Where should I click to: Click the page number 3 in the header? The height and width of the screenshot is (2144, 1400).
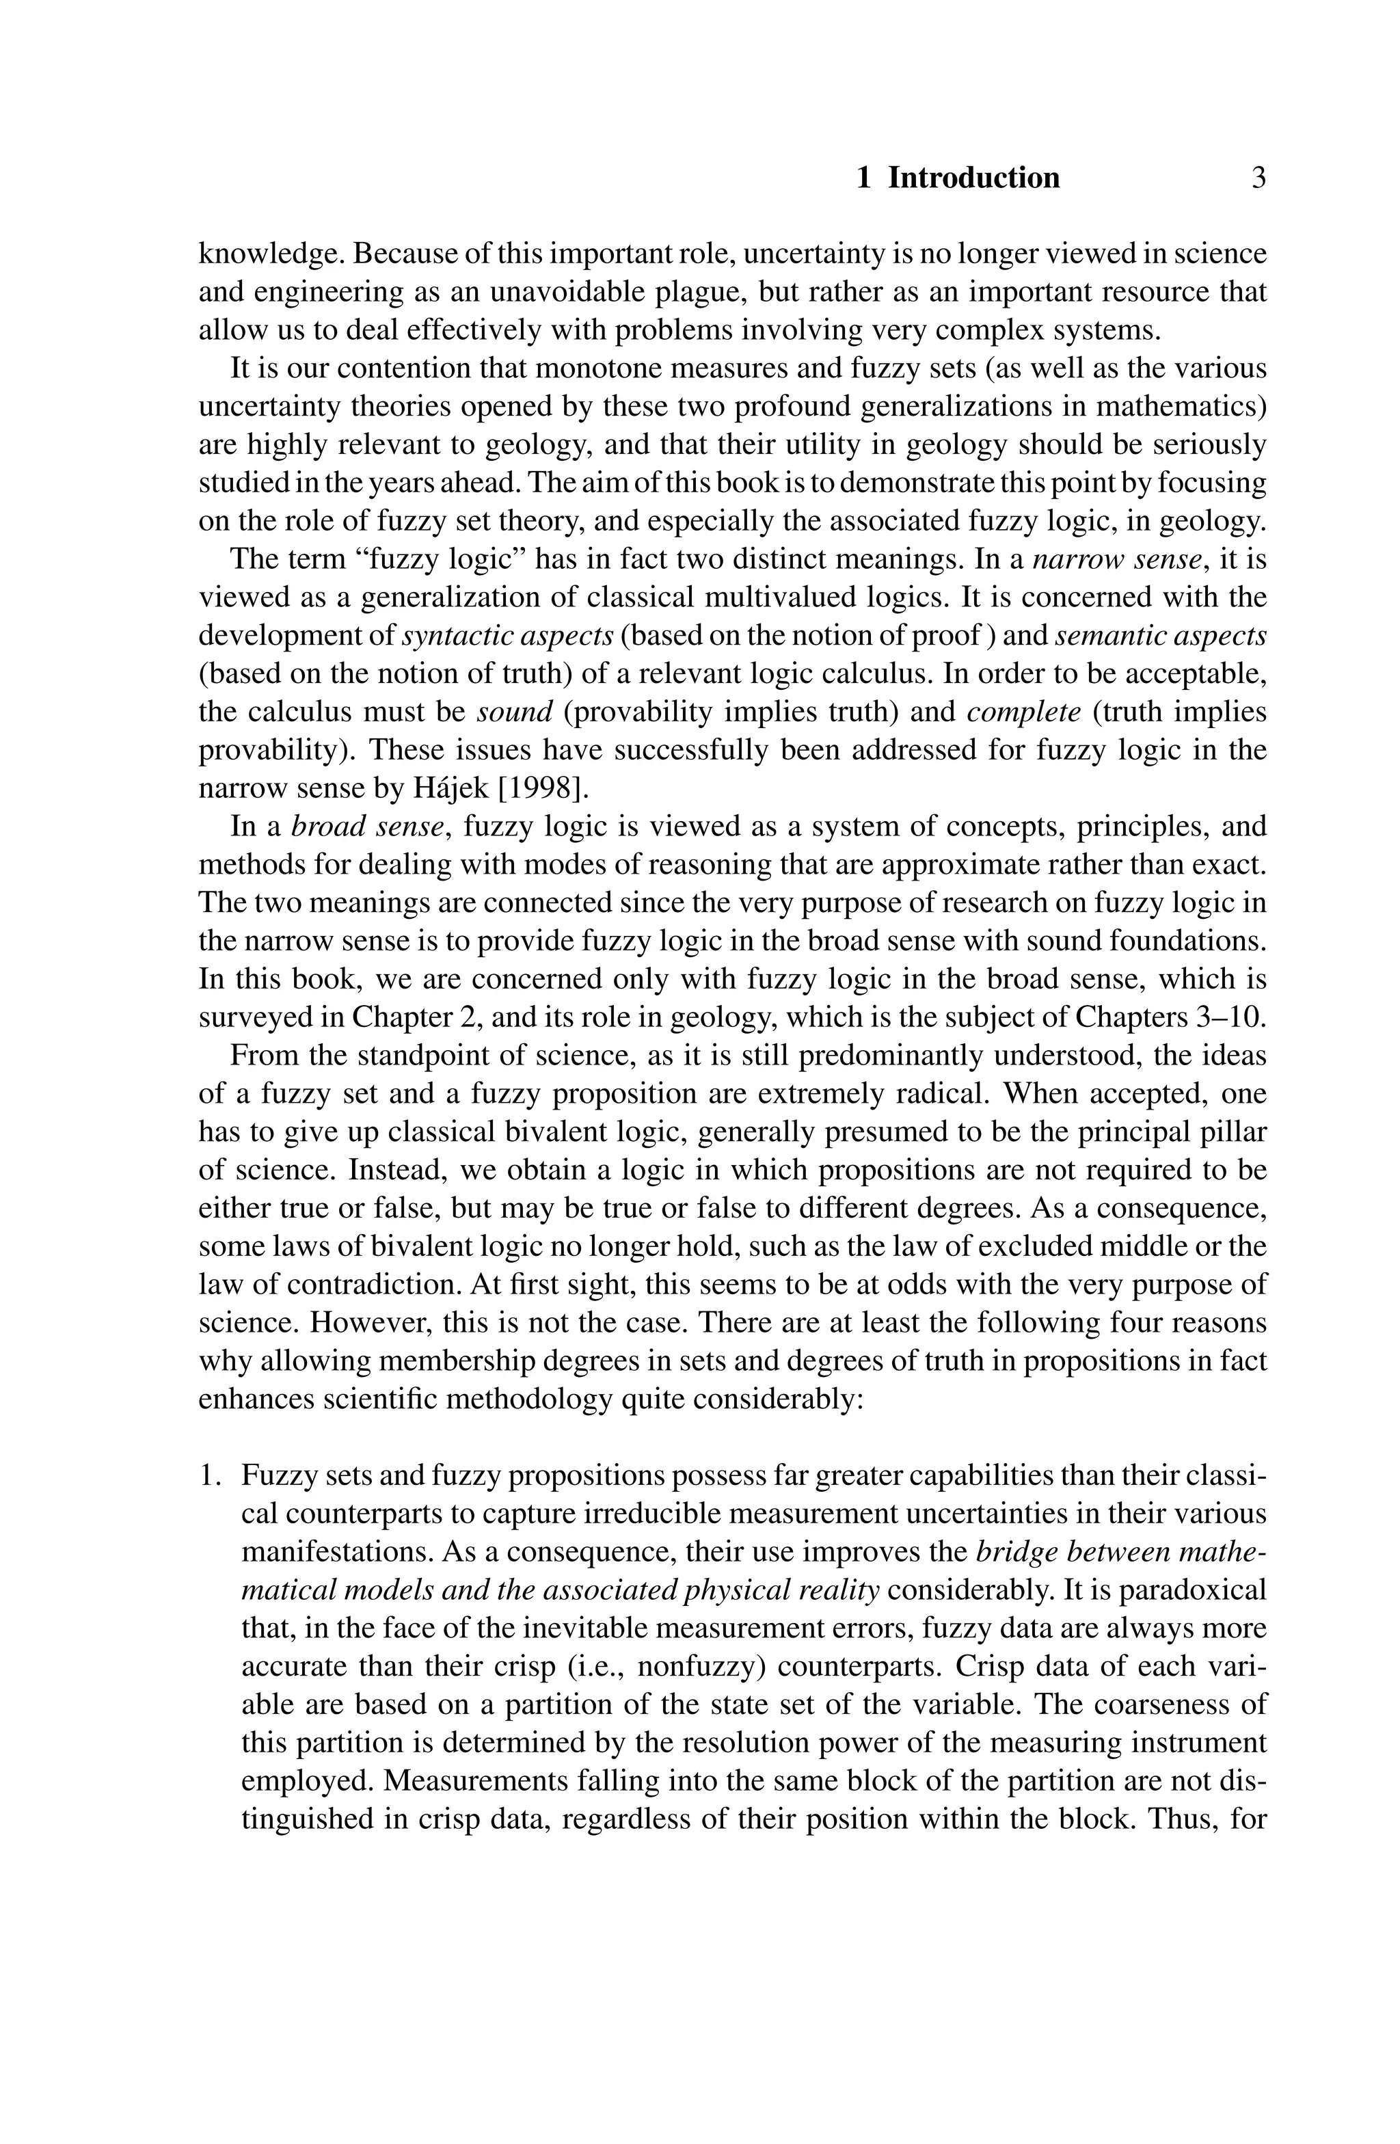tap(1258, 178)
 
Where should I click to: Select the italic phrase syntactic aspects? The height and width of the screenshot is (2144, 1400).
tap(507, 636)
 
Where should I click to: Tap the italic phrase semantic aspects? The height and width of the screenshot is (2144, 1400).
tap(1160, 636)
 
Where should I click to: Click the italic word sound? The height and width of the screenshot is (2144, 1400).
tap(513, 712)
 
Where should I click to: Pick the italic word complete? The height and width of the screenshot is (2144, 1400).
tap(1023, 712)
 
